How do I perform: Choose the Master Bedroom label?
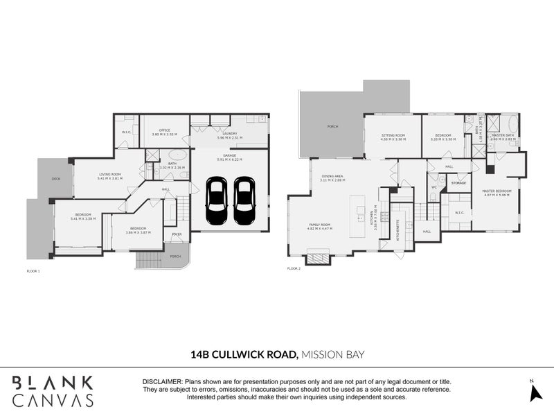(499, 191)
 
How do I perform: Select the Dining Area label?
(332, 177)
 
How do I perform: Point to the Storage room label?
(458, 182)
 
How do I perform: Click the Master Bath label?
(503, 135)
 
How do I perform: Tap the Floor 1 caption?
(33, 270)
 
